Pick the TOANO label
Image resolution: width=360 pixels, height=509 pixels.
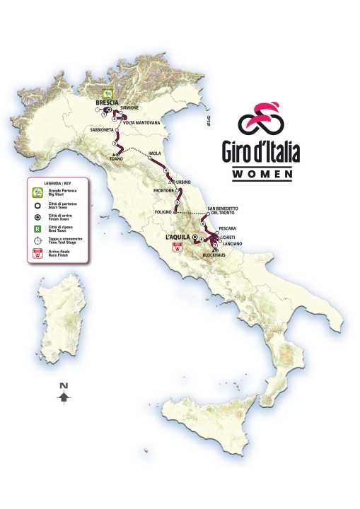(x=117, y=158)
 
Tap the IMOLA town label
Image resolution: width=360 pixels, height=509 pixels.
(x=156, y=153)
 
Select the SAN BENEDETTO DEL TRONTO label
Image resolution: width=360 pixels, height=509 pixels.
(x=222, y=211)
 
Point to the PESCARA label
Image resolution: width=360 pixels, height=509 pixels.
(x=227, y=229)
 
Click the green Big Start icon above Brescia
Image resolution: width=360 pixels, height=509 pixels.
(x=108, y=93)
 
